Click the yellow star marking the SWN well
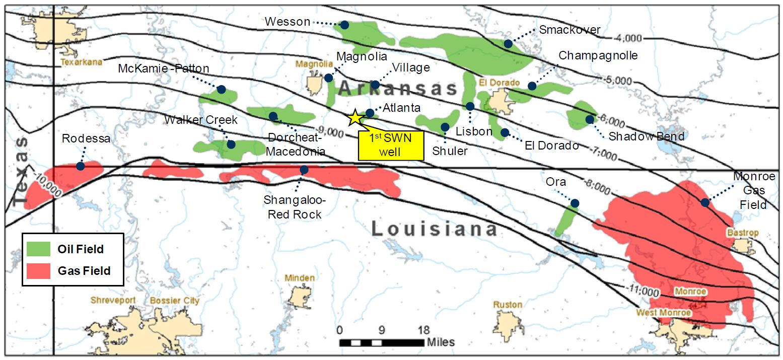point(355,117)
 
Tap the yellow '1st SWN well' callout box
point(391,146)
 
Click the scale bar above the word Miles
point(381,343)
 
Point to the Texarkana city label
point(81,62)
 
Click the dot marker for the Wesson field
point(345,25)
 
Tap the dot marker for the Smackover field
point(508,44)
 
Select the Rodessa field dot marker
point(80,166)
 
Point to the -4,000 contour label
point(628,38)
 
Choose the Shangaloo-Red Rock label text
point(295,207)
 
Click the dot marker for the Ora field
point(575,203)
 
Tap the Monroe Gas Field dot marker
point(705,202)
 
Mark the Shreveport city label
point(113,301)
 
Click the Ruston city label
point(508,305)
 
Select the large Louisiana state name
point(435,229)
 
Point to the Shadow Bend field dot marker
point(589,119)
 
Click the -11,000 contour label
point(643,291)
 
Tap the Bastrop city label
point(742,233)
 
